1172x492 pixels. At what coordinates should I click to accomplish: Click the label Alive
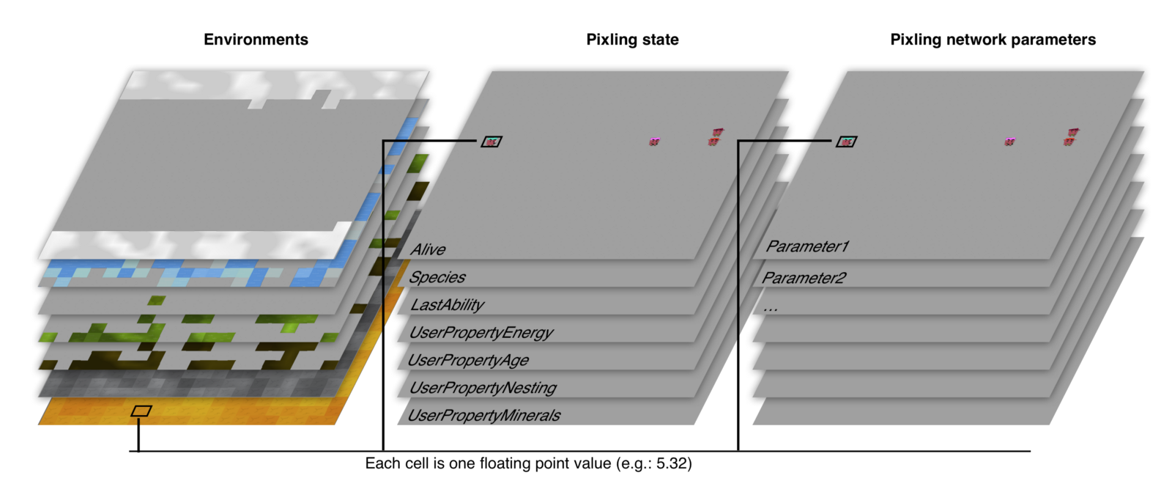click(428, 249)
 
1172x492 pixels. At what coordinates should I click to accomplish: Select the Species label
click(437, 277)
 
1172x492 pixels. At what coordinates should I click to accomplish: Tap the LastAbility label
click(448, 305)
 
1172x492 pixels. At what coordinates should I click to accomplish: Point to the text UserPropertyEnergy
click(481, 333)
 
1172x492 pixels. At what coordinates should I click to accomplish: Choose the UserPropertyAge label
click(468, 360)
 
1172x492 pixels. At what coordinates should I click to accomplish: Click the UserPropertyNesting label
click(483, 388)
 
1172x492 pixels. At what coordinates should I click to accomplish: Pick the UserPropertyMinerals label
click(484, 416)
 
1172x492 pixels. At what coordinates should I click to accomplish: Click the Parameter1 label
click(807, 246)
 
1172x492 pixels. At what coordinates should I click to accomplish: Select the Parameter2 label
click(804, 278)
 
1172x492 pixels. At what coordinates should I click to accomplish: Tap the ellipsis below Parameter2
click(770, 309)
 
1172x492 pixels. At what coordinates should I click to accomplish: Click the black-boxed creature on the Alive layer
click(492, 142)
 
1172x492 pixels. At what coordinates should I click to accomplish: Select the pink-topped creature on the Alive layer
click(653, 142)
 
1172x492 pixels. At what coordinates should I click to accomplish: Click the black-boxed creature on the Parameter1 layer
click(847, 142)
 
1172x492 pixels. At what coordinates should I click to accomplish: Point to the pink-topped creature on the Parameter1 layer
click(1009, 142)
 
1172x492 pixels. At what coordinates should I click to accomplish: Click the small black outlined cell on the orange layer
click(141, 411)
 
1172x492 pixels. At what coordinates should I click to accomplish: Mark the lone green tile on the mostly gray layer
click(156, 301)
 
